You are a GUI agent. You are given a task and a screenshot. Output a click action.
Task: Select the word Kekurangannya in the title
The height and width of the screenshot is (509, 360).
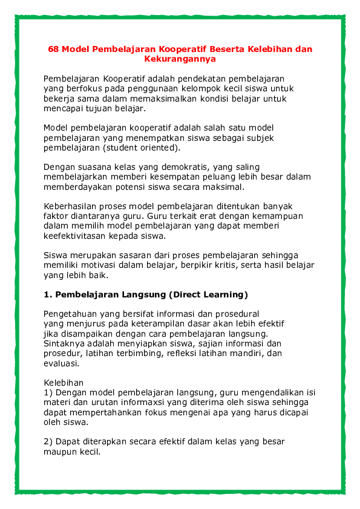[180, 59]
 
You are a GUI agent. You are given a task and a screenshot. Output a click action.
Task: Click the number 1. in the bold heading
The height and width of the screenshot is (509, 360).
[48, 295]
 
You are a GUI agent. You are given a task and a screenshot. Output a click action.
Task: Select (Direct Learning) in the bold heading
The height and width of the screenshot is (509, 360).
[209, 295]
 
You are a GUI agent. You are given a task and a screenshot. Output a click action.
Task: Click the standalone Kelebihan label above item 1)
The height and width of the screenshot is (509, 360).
[64, 383]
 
